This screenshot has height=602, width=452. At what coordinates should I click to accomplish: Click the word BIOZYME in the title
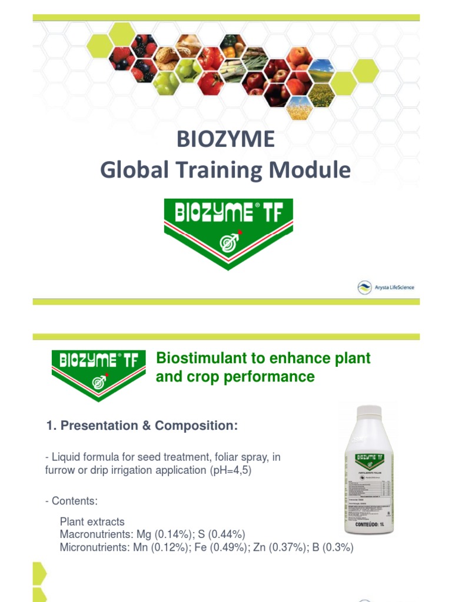click(x=226, y=139)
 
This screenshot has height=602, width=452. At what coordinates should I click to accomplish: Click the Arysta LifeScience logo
click(x=385, y=287)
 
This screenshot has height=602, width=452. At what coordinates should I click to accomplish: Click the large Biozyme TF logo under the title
click(x=228, y=233)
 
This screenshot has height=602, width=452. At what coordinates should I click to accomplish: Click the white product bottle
click(x=368, y=470)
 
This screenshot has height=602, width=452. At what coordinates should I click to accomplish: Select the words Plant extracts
click(x=92, y=521)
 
